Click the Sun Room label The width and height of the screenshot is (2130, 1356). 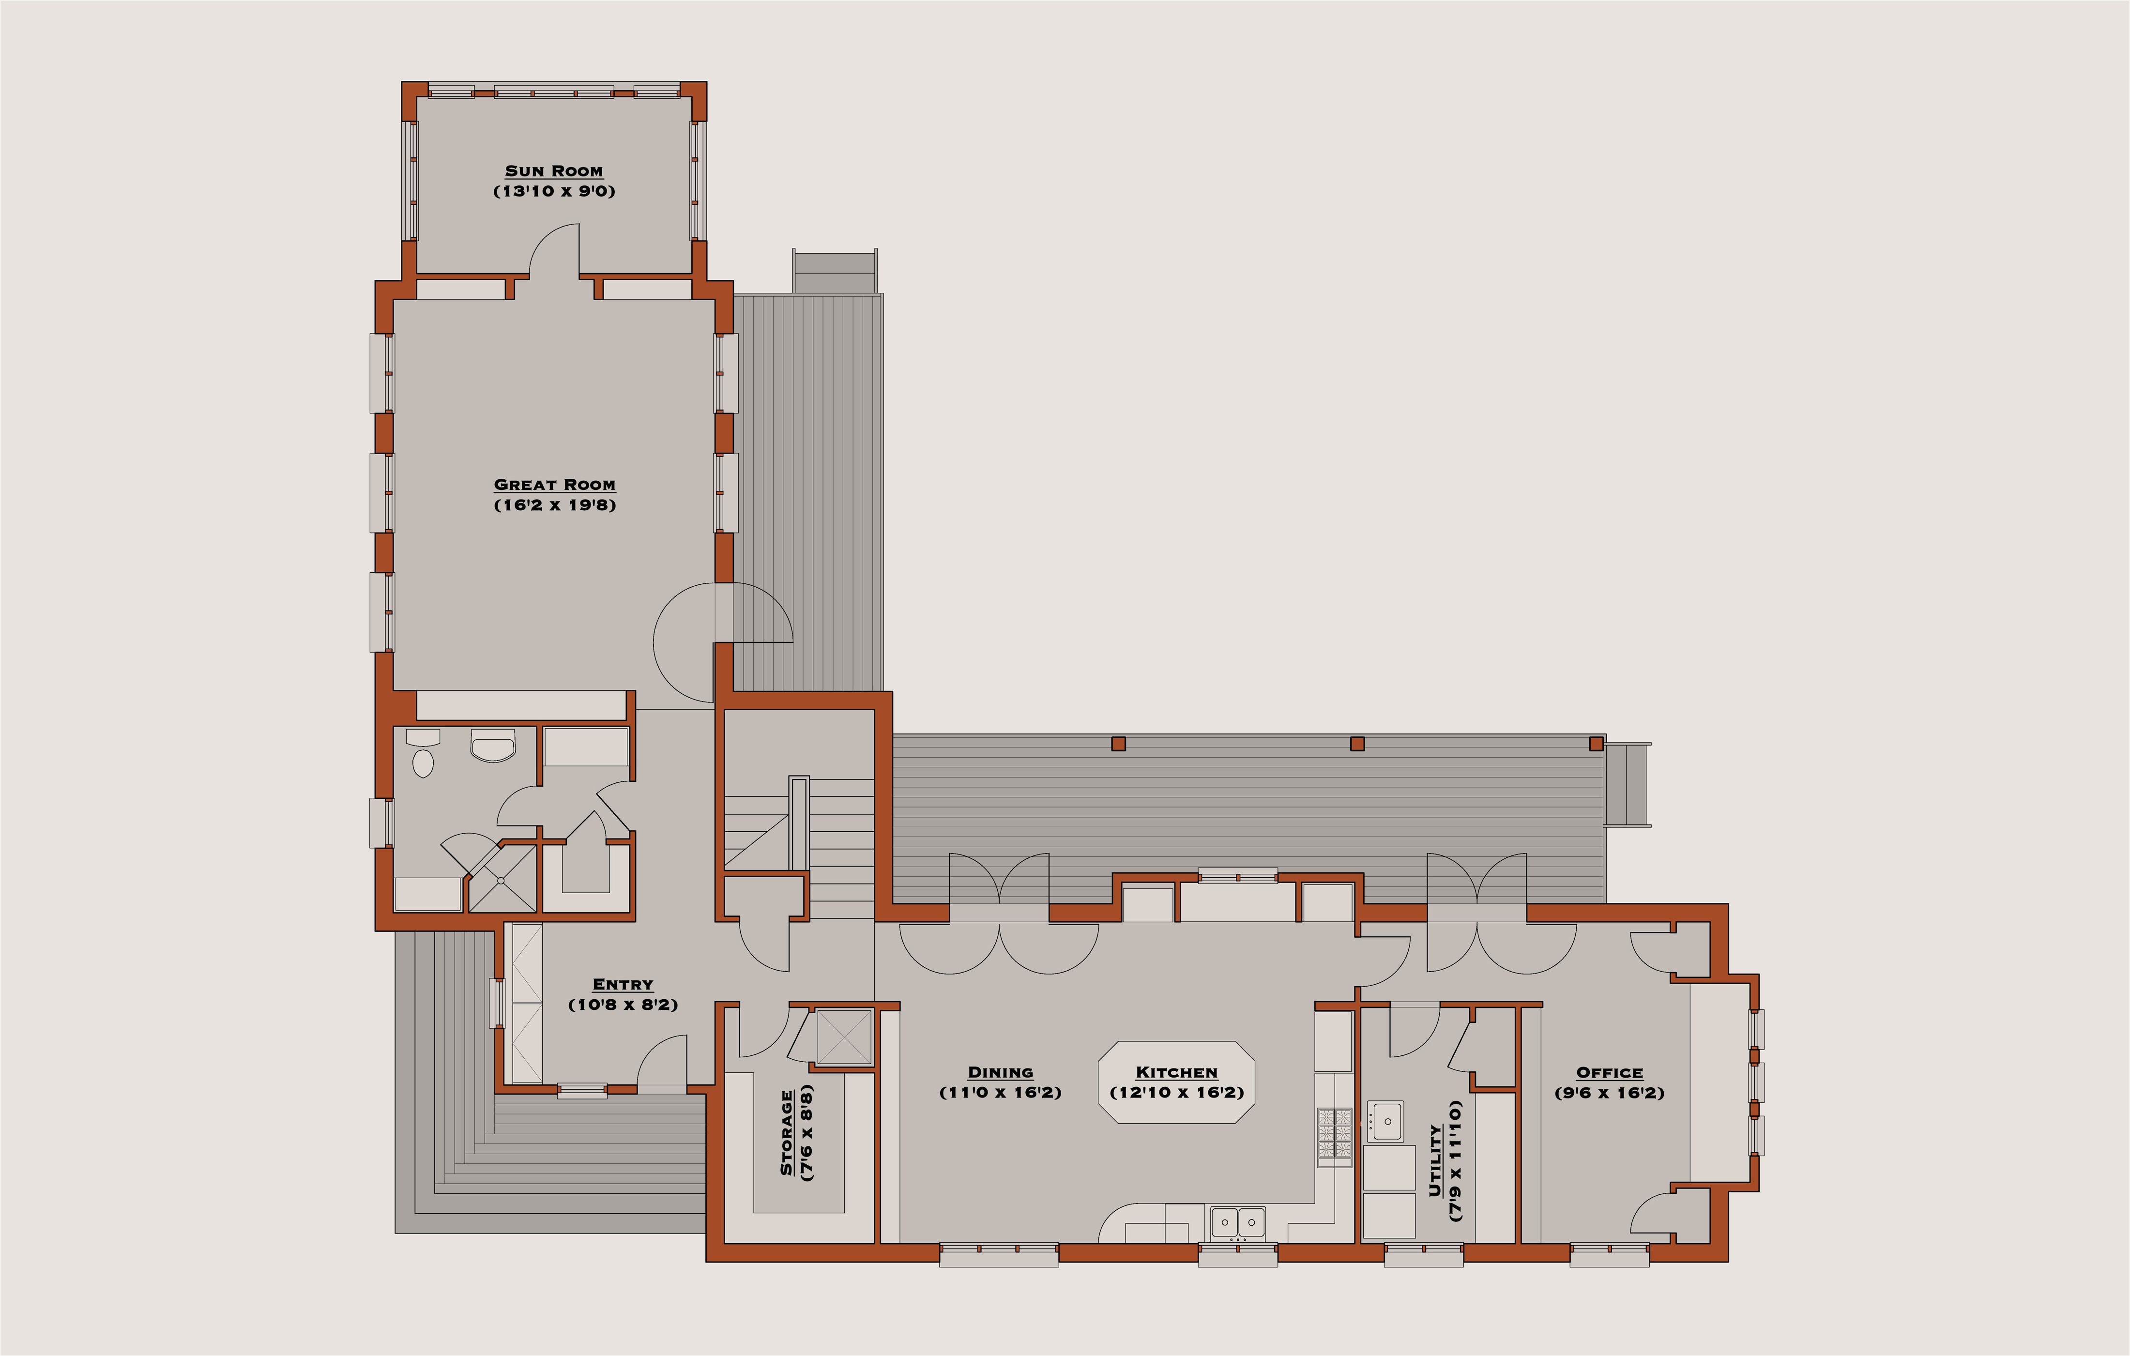pos(554,171)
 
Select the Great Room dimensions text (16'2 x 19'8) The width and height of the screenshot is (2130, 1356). pos(555,505)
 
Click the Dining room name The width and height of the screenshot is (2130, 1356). pos(1000,1072)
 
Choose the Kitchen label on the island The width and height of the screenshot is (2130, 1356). pos(1176,1072)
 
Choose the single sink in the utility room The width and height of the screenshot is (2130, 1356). pos(1386,1121)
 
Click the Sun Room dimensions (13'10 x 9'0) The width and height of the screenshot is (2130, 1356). pos(554,191)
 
